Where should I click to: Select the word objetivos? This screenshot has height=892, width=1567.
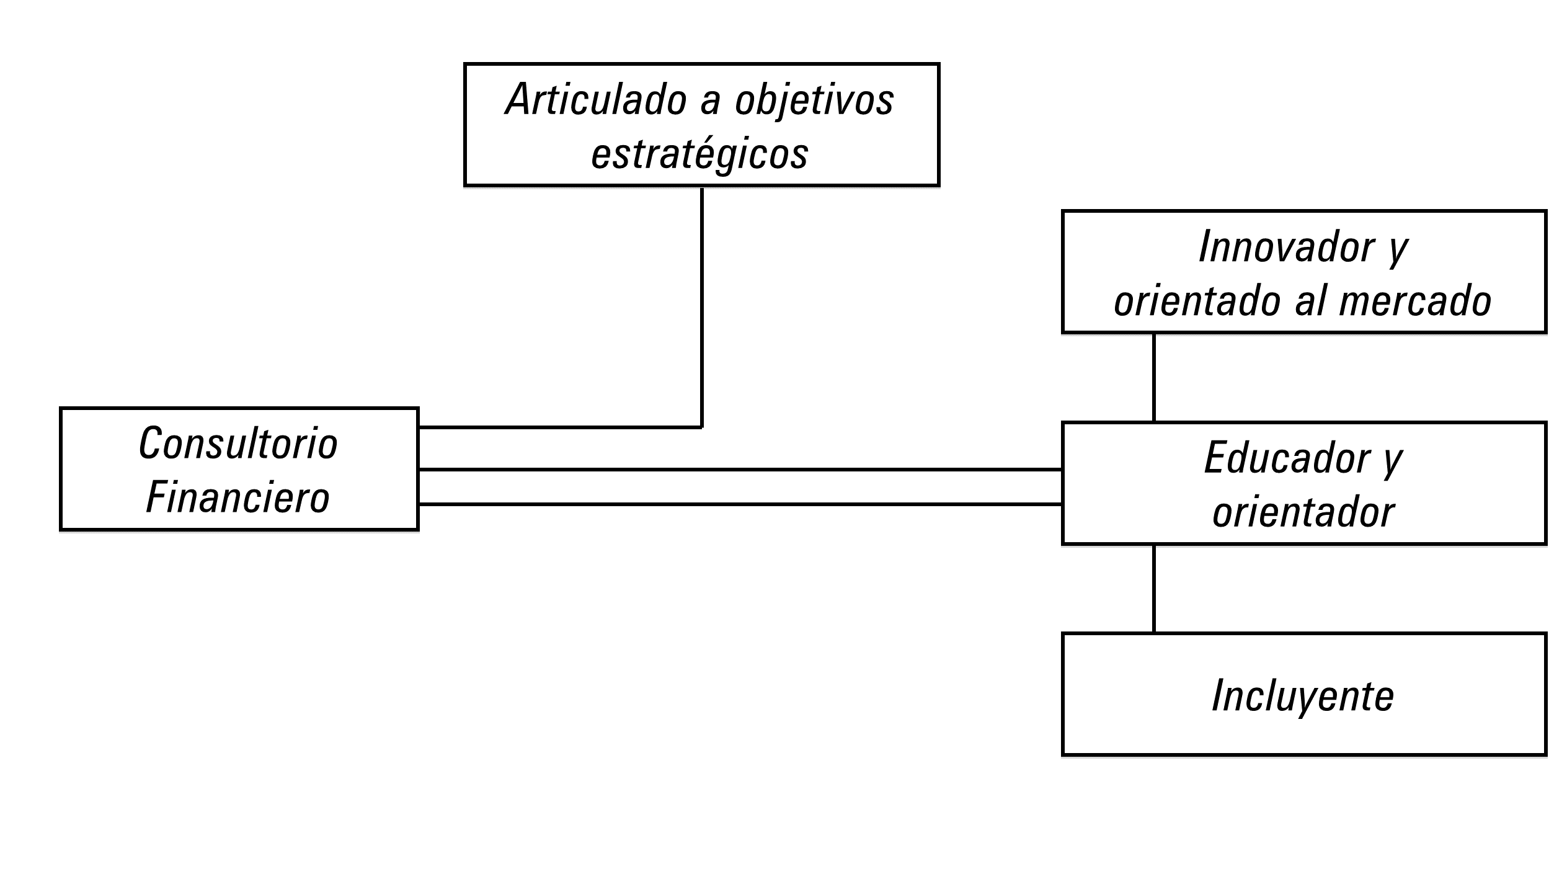pyautogui.click(x=814, y=99)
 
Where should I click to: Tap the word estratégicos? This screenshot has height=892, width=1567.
pyautogui.click(x=700, y=153)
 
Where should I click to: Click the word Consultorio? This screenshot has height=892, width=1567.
pyautogui.click(x=238, y=444)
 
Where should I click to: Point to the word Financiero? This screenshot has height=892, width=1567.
pyautogui.click(x=238, y=497)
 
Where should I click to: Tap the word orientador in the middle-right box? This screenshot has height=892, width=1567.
pyautogui.click(x=1303, y=512)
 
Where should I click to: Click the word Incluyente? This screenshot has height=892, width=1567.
pyautogui.click(x=1303, y=695)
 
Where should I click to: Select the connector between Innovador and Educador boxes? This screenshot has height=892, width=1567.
pyautogui.click(x=1153, y=377)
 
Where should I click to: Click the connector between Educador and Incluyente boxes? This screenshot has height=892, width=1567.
pyautogui.click(x=1153, y=588)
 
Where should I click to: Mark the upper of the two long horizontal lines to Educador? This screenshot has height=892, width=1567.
pyautogui.click(x=738, y=470)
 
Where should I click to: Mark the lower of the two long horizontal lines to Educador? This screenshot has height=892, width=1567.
pyautogui.click(x=738, y=504)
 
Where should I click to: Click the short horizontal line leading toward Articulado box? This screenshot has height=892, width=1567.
pyautogui.click(x=558, y=427)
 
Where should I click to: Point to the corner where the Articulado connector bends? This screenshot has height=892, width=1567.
pyautogui.click(x=701, y=427)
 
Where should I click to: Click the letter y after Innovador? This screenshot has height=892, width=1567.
pyautogui.click(x=1397, y=249)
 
